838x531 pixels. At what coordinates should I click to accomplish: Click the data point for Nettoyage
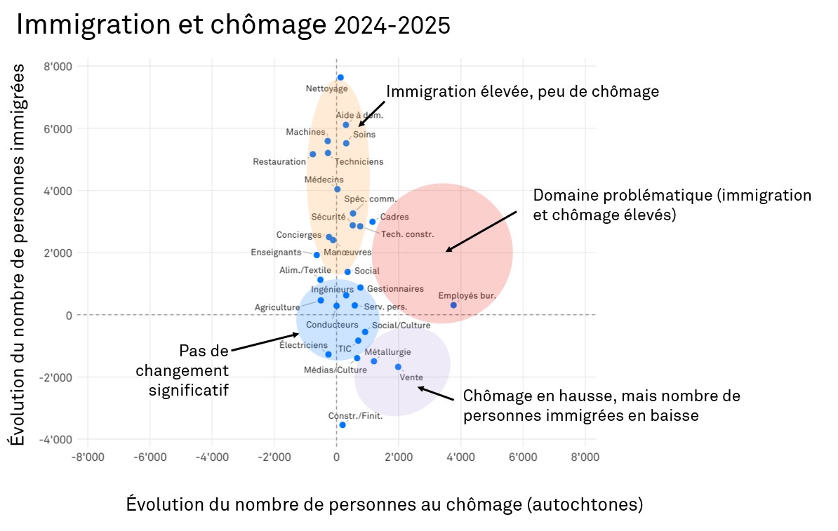[340, 77]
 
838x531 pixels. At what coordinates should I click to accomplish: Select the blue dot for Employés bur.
[453, 305]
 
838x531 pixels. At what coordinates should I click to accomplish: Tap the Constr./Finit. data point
[342, 425]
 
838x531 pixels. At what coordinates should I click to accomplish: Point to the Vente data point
[398, 367]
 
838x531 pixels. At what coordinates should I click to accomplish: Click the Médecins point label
[324, 180]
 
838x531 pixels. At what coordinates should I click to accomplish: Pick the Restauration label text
[279, 162]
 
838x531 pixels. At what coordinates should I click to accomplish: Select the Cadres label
[394, 217]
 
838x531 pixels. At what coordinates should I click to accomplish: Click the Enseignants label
[276, 253]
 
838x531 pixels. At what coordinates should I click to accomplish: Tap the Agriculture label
[277, 307]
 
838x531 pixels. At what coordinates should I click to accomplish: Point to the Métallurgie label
[388, 352]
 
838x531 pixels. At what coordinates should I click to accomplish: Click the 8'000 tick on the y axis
[58, 67]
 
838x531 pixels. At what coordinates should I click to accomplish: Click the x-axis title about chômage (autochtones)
[385, 504]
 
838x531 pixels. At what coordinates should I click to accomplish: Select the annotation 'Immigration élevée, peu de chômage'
[522, 92]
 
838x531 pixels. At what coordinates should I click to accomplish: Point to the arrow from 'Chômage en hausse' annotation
[437, 394]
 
